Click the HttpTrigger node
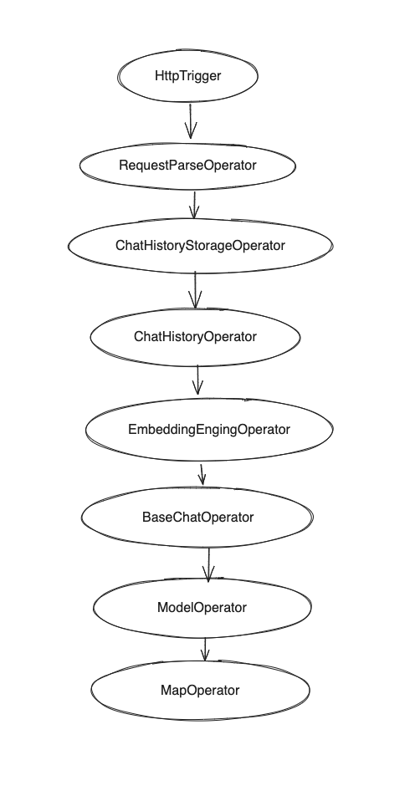(x=187, y=76)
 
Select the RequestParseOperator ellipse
(x=187, y=166)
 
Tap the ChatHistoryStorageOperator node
(x=200, y=246)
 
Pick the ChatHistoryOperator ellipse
(x=195, y=336)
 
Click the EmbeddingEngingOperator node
(x=208, y=429)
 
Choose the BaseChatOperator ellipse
(x=197, y=517)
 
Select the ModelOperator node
(x=202, y=608)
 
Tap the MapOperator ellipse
(x=199, y=690)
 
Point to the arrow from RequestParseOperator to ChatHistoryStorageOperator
(x=194, y=204)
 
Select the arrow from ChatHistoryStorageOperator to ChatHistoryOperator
(x=195, y=289)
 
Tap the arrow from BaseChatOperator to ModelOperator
(x=208, y=564)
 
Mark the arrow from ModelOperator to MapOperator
(x=204, y=649)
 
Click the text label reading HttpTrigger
(x=187, y=76)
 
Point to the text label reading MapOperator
(x=199, y=690)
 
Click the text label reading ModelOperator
(x=202, y=608)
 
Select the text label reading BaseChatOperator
(x=197, y=517)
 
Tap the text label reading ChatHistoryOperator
(x=195, y=336)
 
